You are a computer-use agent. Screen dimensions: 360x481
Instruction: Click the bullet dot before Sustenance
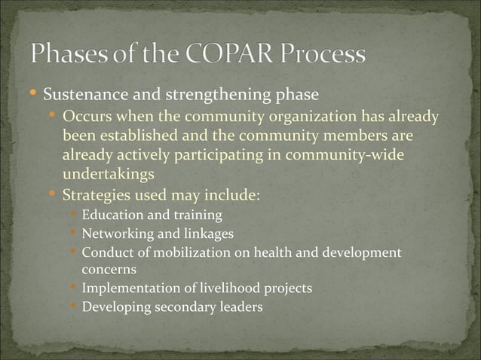(x=33, y=95)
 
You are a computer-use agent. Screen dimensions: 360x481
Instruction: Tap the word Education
(x=110, y=215)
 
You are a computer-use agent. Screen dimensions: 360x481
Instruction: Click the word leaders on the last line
(x=240, y=307)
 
